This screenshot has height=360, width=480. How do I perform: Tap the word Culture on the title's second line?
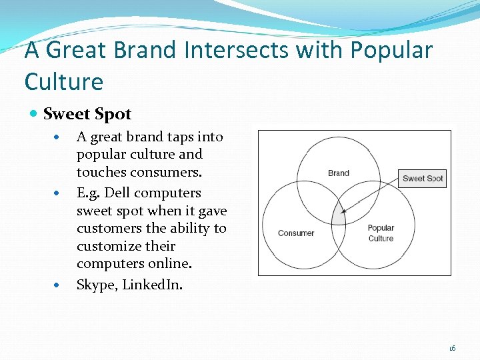pos(64,82)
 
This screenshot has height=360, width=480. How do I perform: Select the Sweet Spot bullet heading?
pos(87,114)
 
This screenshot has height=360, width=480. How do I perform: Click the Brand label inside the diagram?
pos(339,173)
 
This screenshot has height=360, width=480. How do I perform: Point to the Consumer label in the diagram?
pos(296,233)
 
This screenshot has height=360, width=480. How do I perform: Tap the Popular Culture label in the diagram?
pos(381,233)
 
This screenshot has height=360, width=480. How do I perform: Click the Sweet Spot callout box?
pos(423,178)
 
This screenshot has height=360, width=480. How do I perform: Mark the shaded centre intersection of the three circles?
pos(339,215)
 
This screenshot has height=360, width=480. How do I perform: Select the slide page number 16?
pos(452,348)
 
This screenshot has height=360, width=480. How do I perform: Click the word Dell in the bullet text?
pos(118,193)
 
